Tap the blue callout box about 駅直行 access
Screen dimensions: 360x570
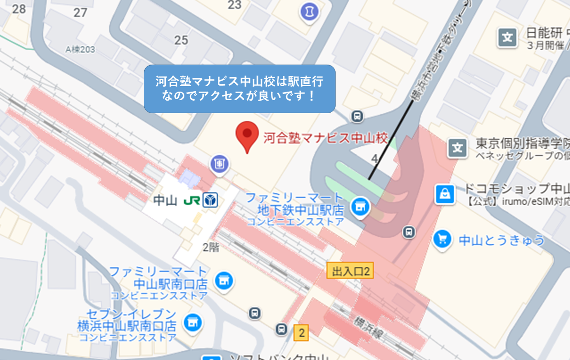(x=239, y=89)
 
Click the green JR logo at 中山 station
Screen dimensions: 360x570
(x=191, y=201)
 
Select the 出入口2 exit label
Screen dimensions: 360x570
(x=351, y=271)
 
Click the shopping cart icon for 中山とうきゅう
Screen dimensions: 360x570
(x=442, y=239)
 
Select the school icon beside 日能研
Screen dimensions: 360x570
(x=507, y=37)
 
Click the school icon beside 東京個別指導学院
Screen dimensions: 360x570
(x=457, y=148)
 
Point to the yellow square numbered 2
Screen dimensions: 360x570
(x=301, y=332)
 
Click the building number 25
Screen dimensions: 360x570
(x=181, y=40)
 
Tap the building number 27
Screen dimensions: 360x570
(x=80, y=13)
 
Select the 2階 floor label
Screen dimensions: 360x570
(x=211, y=247)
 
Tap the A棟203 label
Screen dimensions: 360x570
(x=80, y=50)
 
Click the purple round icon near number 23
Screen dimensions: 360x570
(x=309, y=12)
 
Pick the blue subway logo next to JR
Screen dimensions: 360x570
(x=210, y=201)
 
